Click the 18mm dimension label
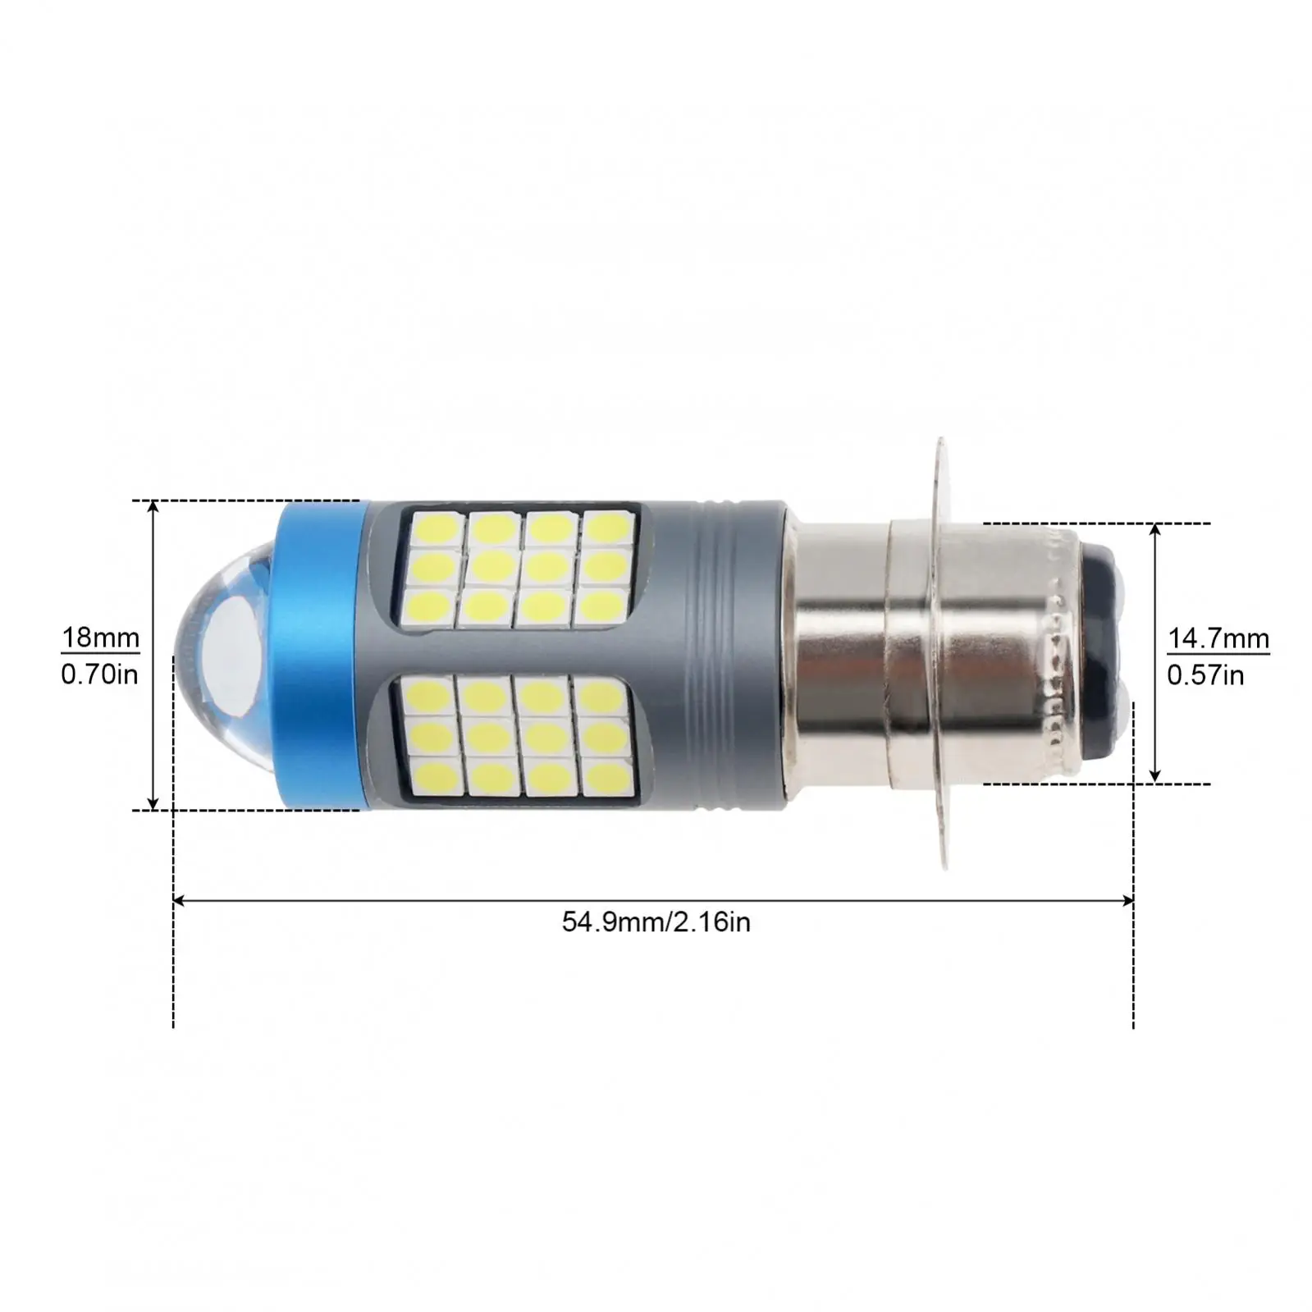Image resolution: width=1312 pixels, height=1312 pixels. [x=100, y=638]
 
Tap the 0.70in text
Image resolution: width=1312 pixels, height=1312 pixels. [x=100, y=674]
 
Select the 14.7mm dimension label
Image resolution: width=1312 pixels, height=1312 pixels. [x=1218, y=638]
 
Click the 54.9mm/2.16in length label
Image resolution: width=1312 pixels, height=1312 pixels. [x=656, y=922]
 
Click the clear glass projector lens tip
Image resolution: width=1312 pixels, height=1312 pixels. [x=217, y=654]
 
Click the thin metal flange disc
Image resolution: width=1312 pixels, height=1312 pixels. [x=942, y=654]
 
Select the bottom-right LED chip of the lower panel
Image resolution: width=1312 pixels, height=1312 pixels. [x=606, y=777]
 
